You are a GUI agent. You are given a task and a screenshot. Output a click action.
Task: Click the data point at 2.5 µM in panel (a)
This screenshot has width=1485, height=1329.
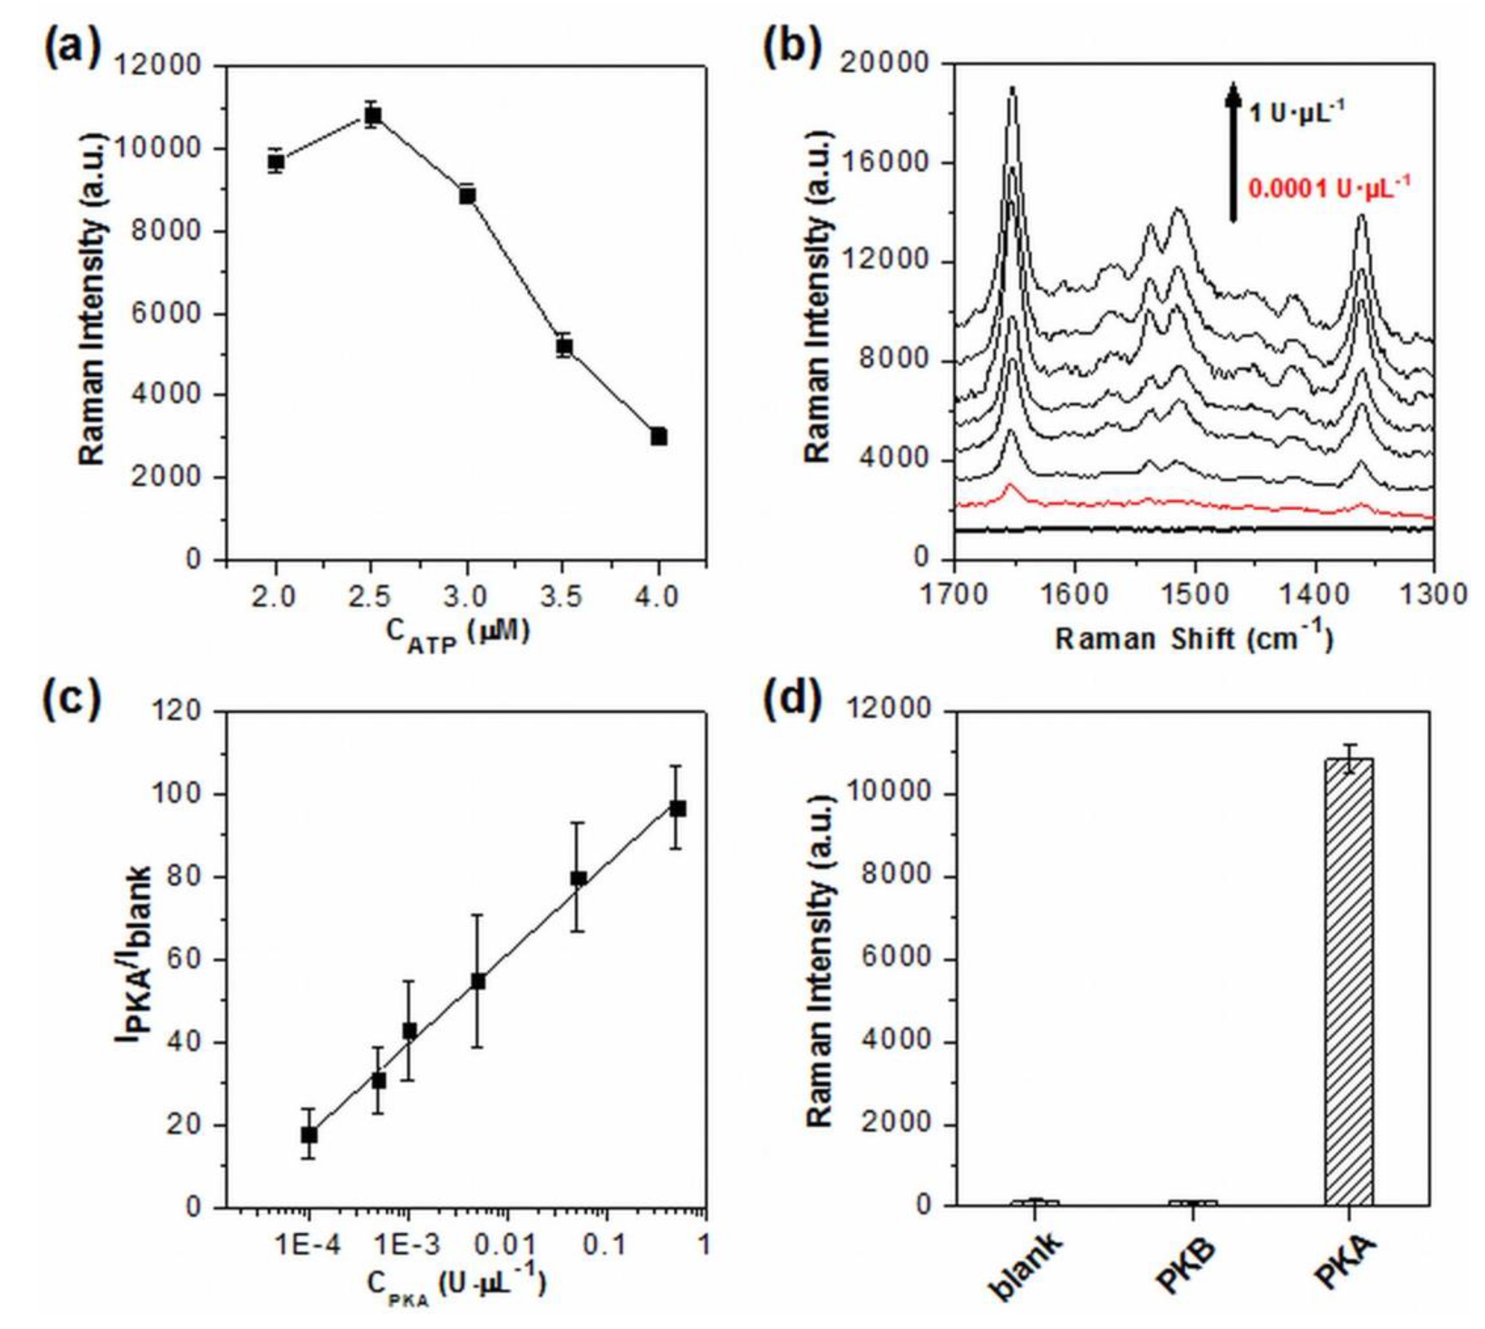372,115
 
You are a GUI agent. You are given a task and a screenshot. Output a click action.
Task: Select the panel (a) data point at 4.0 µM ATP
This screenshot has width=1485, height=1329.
659,436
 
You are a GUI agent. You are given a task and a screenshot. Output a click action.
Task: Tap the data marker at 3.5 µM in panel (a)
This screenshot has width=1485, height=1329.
563,346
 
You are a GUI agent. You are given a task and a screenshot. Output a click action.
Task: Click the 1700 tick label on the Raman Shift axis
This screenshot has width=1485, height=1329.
954,593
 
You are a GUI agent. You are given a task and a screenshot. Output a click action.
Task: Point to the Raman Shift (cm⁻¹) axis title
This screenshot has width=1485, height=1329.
1194,638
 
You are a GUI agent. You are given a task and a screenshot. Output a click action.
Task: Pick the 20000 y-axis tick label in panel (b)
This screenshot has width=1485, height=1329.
884,64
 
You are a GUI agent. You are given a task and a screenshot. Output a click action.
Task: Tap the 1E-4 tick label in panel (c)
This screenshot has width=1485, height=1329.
309,1245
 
